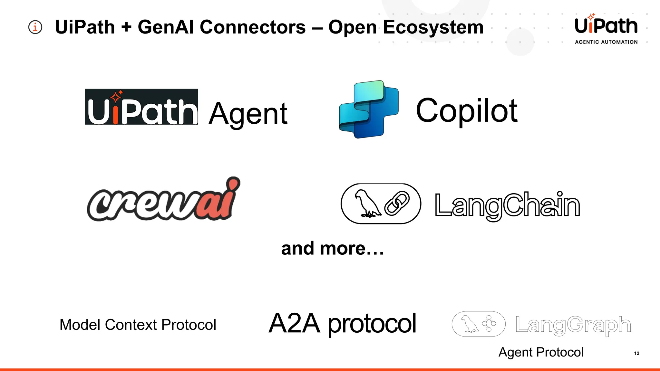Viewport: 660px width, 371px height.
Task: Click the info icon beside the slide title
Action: pos(35,27)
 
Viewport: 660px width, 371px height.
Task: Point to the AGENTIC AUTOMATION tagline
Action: pos(606,42)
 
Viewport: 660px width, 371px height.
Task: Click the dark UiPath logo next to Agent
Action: pos(141,107)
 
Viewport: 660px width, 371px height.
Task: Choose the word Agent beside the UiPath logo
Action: pos(248,114)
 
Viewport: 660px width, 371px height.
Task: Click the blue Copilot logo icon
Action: pos(369,109)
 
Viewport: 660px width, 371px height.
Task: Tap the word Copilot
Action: pos(467,111)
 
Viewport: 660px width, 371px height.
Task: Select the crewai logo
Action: pos(163,200)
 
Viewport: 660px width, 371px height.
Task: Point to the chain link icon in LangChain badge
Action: pos(397,203)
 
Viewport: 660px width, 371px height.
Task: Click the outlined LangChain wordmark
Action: pos(507,205)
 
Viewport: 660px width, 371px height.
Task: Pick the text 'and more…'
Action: pos(332,249)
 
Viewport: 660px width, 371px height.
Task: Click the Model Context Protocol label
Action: pos(138,325)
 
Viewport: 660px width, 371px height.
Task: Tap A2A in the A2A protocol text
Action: pos(295,323)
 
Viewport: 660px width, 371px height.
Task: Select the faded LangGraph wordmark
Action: pos(573,325)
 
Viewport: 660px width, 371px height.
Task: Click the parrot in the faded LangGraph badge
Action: pos(469,324)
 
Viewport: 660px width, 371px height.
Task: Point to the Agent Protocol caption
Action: pos(541,352)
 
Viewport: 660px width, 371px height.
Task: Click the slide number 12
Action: pos(636,353)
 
